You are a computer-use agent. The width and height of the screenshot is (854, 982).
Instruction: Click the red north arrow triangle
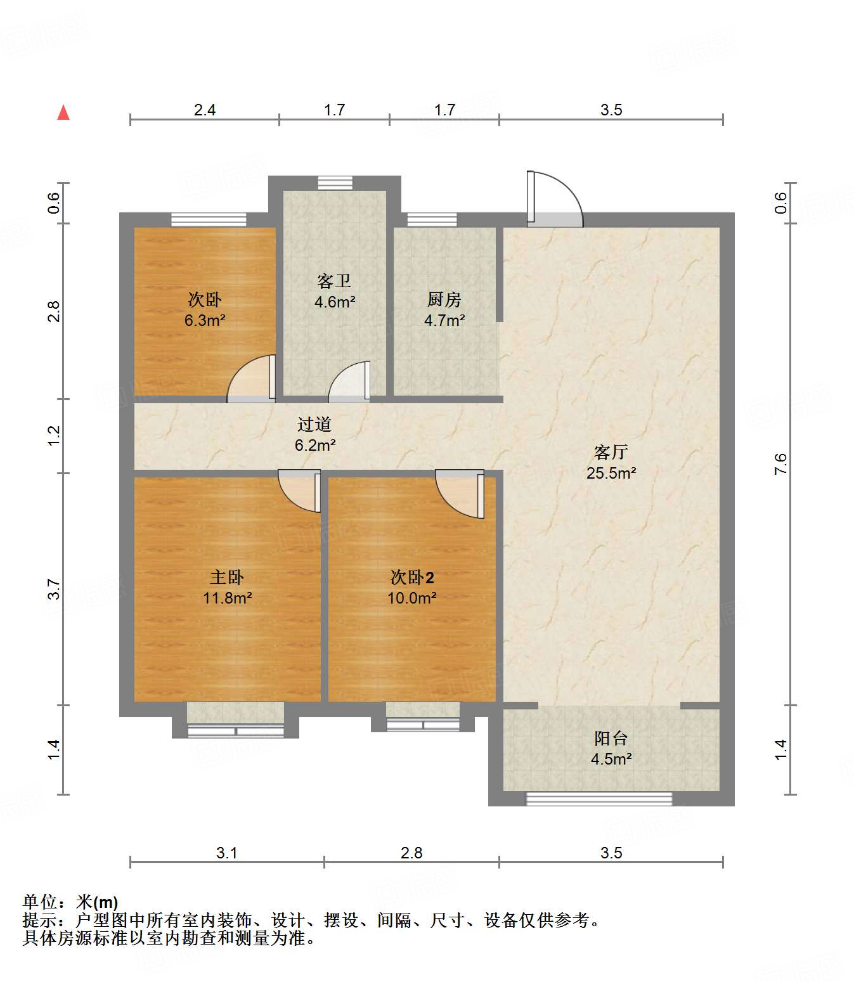[x=63, y=113]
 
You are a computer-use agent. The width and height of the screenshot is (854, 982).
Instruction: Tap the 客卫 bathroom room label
[x=334, y=281]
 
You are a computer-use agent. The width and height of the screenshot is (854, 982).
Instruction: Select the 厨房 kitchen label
[x=444, y=299]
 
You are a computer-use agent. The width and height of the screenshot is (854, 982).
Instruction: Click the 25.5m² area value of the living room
[x=611, y=473]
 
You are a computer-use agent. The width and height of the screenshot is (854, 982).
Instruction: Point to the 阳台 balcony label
[x=611, y=738]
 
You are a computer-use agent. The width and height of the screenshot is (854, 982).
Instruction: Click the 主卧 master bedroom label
[x=227, y=577]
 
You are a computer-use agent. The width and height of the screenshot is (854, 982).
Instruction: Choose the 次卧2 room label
[x=411, y=577]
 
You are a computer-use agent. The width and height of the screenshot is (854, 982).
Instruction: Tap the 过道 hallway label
[x=314, y=424]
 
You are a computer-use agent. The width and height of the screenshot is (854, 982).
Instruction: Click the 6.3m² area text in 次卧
[x=205, y=321]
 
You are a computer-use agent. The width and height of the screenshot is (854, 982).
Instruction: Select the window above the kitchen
[x=432, y=220]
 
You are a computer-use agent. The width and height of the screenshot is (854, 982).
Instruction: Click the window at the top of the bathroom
[x=335, y=183]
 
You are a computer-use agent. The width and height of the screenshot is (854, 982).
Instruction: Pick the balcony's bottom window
[x=599, y=799]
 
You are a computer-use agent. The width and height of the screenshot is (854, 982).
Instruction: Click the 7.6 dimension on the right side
[x=780, y=463]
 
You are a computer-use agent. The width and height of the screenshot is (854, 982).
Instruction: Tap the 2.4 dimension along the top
[x=205, y=110]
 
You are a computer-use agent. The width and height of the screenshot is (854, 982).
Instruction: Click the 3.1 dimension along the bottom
[x=226, y=853]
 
